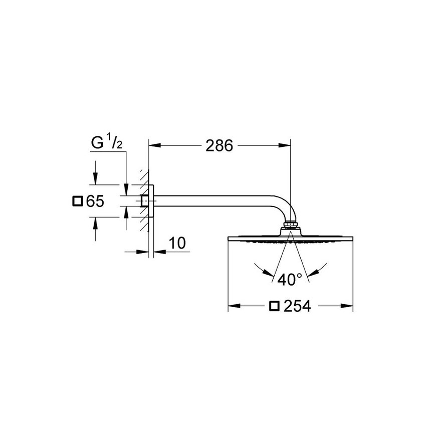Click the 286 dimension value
[220, 146]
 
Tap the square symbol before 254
[274, 305]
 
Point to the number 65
[94, 201]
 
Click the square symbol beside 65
[77, 201]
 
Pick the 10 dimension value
[176, 243]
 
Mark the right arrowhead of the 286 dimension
[285, 146]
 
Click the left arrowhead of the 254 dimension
[234, 306]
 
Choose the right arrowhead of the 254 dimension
[348, 306]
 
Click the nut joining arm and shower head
[290, 224]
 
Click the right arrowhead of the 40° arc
[314, 271]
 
